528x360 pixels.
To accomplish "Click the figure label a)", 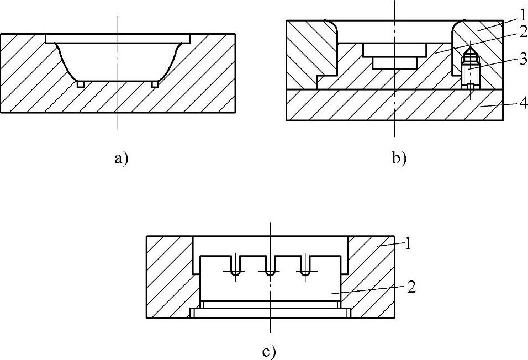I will [x=120, y=159].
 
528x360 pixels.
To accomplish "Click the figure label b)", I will [x=399, y=159].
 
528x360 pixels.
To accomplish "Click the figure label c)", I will [x=269, y=350].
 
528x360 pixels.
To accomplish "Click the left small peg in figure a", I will [x=81, y=84].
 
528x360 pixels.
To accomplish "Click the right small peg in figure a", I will [x=155, y=84].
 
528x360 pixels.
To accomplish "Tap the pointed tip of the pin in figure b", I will [x=470, y=48].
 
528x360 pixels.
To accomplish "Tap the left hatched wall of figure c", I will [x=168, y=276].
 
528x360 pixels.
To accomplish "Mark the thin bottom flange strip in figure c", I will [x=270, y=313].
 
